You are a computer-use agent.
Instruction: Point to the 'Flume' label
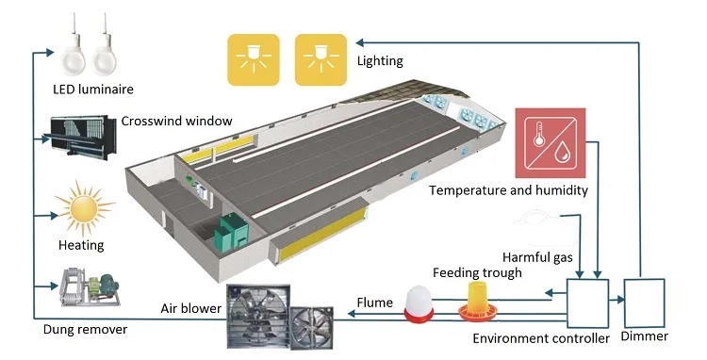[x=374, y=303]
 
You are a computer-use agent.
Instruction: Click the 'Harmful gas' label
[x=537, y=255]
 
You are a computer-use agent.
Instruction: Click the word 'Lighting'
[x=380, y=61]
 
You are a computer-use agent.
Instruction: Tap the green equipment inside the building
[x=230, y=230]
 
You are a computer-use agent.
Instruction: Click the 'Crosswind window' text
[x=176, y=121]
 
